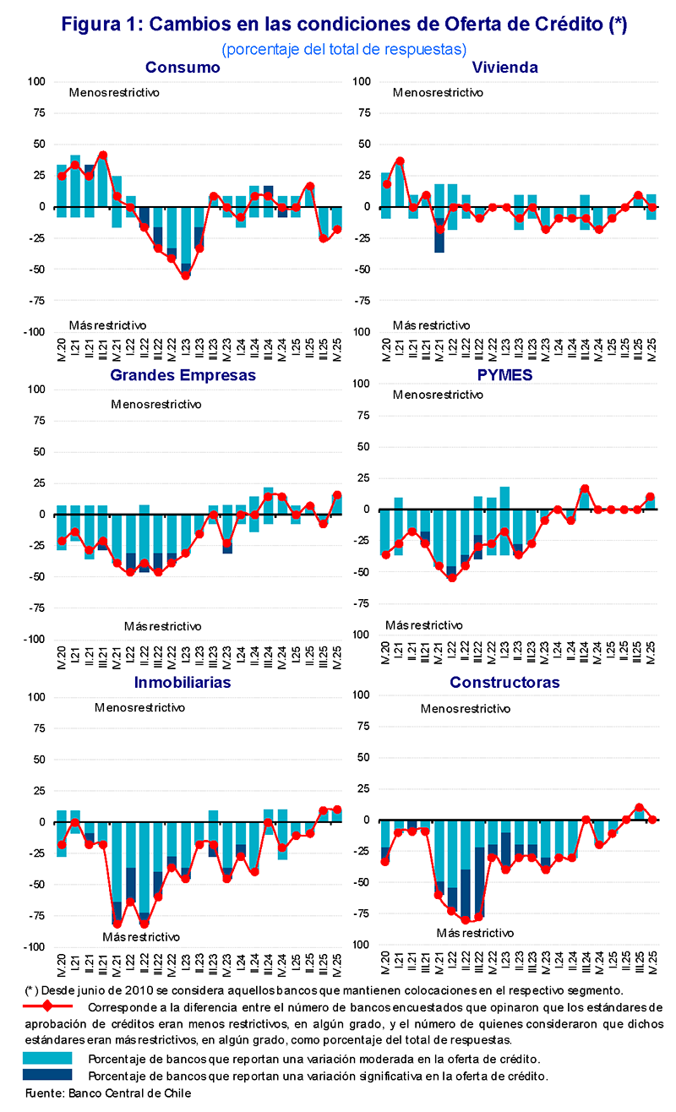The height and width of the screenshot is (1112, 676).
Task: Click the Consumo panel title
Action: [x=183, y=68]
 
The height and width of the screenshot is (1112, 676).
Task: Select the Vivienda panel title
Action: [x=505, y=68]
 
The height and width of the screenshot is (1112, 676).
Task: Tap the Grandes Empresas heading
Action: [x=183, y=374]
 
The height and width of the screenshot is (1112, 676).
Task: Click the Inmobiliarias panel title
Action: [x=183, y=682]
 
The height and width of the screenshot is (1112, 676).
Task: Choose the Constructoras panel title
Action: [x=504, y=682]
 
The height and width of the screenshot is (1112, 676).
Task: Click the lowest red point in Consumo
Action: [x=185, y=275]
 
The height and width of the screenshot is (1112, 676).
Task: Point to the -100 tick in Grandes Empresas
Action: [x=34, y=640]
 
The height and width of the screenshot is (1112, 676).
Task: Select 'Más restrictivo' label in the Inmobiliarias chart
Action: [x=141, y=936]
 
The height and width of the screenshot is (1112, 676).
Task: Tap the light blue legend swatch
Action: [x=47, y=1058]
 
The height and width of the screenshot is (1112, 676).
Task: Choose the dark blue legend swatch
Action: [x=47, y=1075]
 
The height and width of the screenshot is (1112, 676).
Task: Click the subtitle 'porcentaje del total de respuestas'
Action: [x=344, y=49]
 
